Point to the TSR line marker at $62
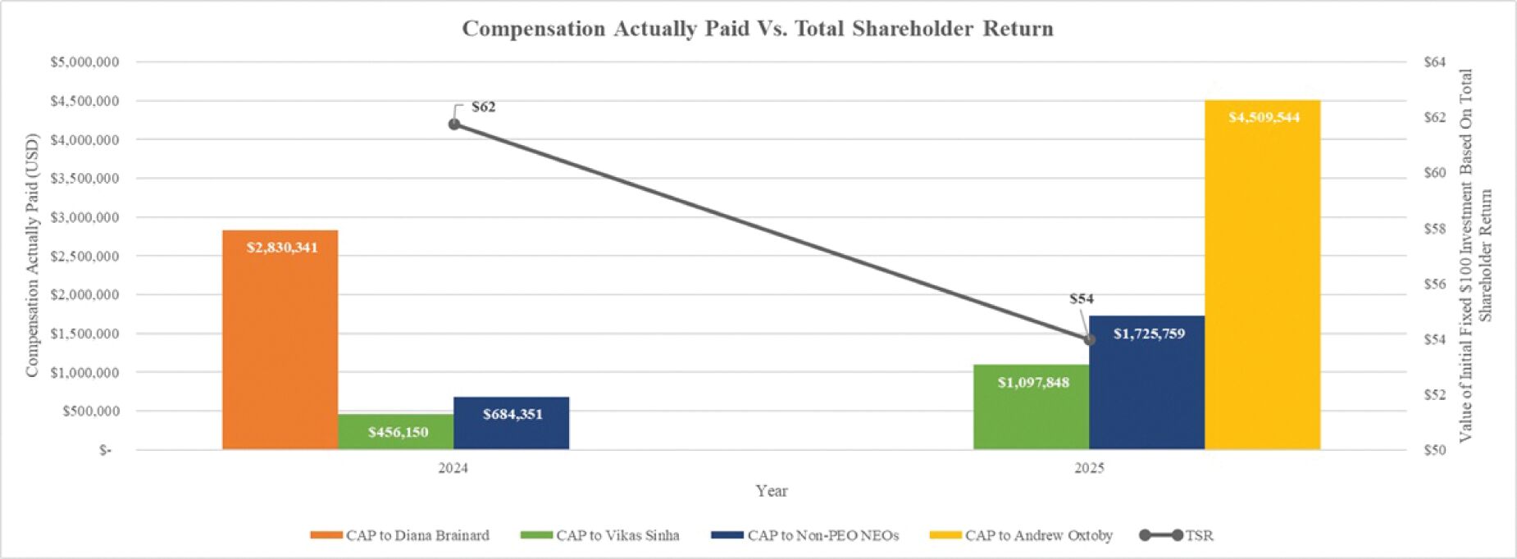[454, 124]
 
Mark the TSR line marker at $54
[1090, 339]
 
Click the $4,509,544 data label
[1264, 117]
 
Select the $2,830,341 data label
[282, 248]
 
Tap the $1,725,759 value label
[1149, 334]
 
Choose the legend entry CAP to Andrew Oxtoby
[1021, 535]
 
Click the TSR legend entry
[1177, 535]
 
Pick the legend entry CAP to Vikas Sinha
[600, 535]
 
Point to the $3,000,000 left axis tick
[84, 217]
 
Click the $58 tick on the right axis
[1434, 229]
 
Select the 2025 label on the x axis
[1089, 468]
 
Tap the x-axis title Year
[771, 490]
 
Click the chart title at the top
[758, 29]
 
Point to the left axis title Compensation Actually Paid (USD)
[32, 255]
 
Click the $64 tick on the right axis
[1434, 62]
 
